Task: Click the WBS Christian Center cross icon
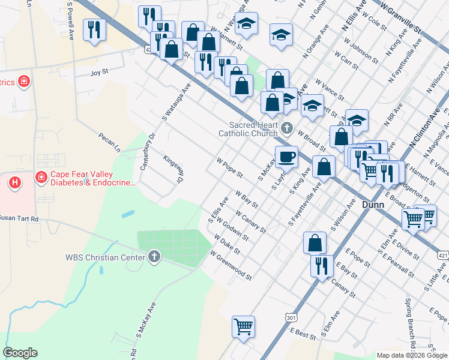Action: (154, 257)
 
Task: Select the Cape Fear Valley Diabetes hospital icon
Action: (41, 177)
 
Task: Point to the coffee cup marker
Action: (286, 157)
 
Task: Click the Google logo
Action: (20, 353)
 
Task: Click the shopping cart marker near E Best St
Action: (243, 326)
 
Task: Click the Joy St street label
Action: (98, 73)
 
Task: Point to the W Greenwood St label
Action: (231, 265)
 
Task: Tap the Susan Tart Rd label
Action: (18, 218)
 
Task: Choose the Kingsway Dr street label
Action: (172, 169)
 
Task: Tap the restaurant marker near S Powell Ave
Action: (94, 30)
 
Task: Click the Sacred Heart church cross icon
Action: (287, 128)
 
